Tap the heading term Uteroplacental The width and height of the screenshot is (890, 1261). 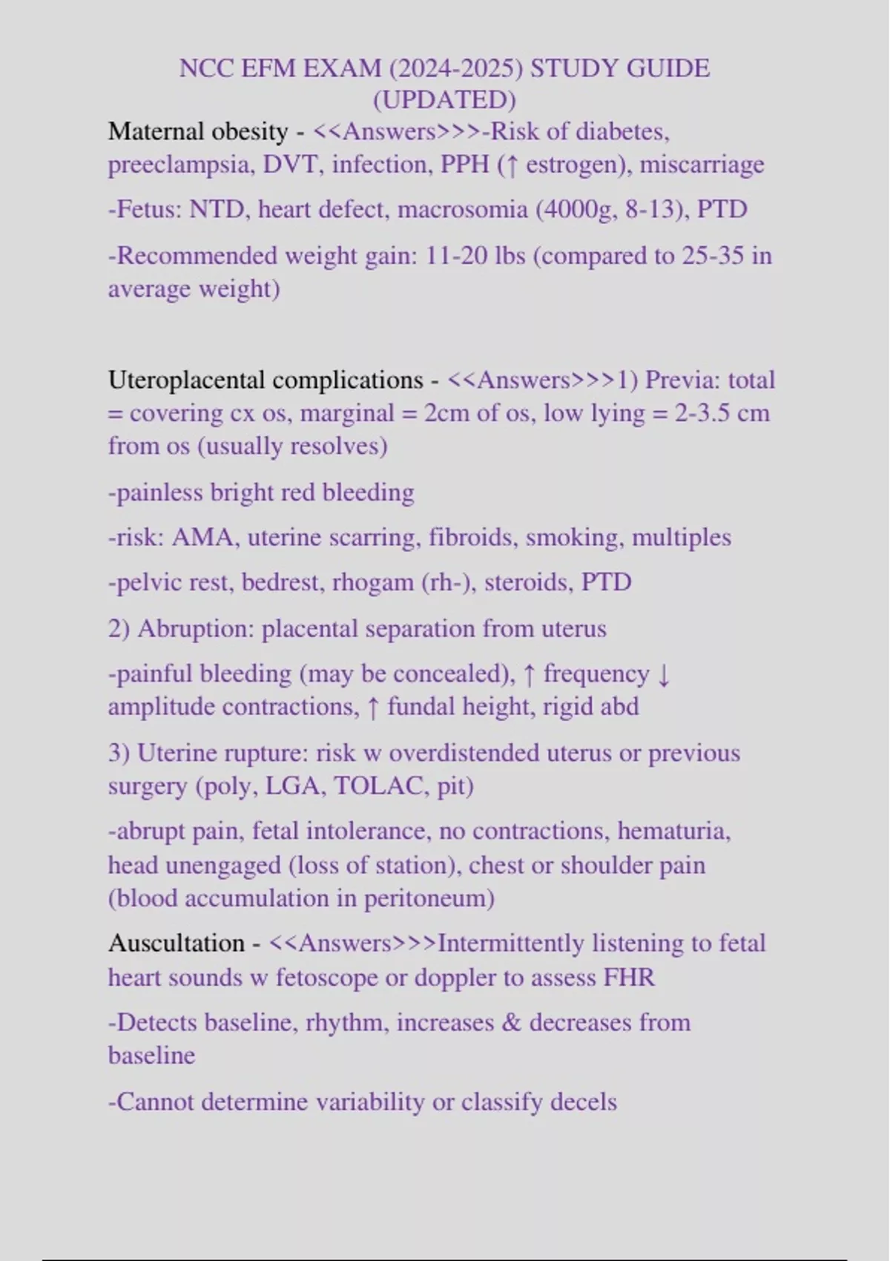tap(190, 380)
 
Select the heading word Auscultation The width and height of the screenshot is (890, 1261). tap(177, 943)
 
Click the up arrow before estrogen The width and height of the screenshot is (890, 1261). tap(510, 165)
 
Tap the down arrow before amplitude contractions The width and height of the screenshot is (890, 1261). tap(664, 674)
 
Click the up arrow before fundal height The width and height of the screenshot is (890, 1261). tap(373, 707)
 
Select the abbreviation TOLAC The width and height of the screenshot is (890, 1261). tap(379, 786)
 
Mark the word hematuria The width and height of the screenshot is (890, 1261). tap(673, 831)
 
